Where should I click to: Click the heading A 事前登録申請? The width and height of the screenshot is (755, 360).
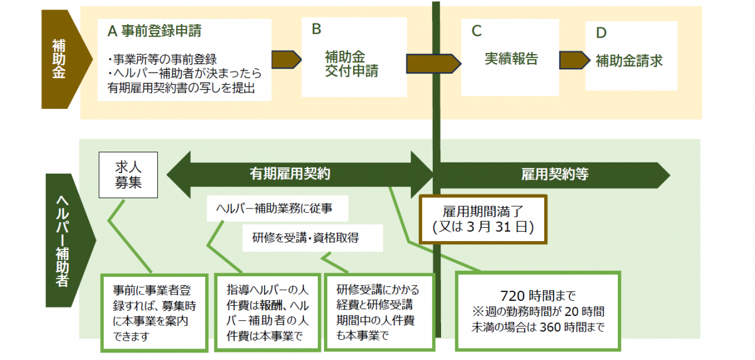coord(155,30)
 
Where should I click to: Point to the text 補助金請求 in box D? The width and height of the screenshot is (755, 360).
coord(629,61)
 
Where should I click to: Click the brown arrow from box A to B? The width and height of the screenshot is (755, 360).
coord(286,60)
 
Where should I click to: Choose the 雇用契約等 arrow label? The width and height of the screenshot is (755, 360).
coord(554,174)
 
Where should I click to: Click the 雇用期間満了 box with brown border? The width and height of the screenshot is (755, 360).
coord(483,218)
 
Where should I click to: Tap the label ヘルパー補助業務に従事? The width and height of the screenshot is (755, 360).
coord(272,208)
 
